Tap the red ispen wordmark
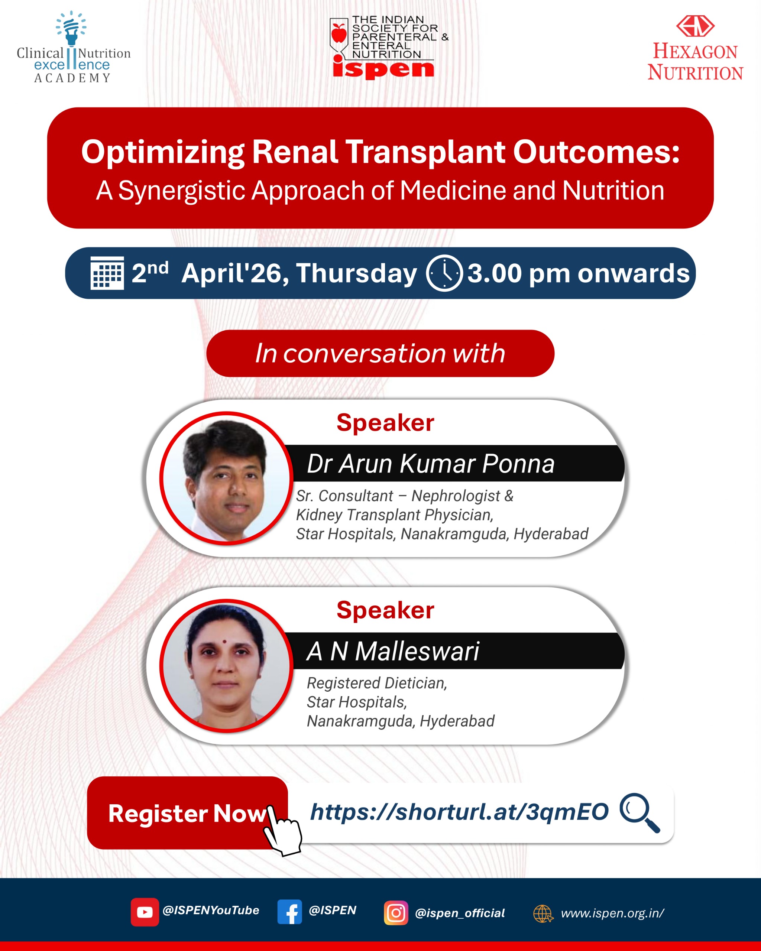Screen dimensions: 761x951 pyautogui.click(x=383, y=68)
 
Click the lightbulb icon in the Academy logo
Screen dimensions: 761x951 pyautogui.click(x=71, y=28)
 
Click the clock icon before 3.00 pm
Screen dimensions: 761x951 pyautogui.click(x=444, y=273)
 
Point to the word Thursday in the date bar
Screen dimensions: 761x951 pyautogui.click(x=356, y=273)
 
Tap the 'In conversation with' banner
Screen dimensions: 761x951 pyautogui.click(x=380, y=353)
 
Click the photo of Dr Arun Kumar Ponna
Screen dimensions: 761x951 pyautogui.click(x=226, y=478)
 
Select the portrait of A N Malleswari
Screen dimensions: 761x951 pyautogui.click(x=226, y=666)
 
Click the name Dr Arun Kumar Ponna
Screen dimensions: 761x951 pyautogui.click(x=431, y=464)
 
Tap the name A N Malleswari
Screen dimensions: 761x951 pyautogui.click(x=393, y=651)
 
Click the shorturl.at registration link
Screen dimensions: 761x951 pyautogui.click(x=459, y=812)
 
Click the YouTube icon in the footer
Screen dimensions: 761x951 pyautogui.click(x=145, y=912)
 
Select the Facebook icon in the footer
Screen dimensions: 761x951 pyautogui.click(x=290, y=912)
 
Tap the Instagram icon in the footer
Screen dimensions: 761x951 pyautogui.click(x=396, y=913)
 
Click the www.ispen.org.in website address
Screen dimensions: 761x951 pyautogui.click(x=612, y=913)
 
